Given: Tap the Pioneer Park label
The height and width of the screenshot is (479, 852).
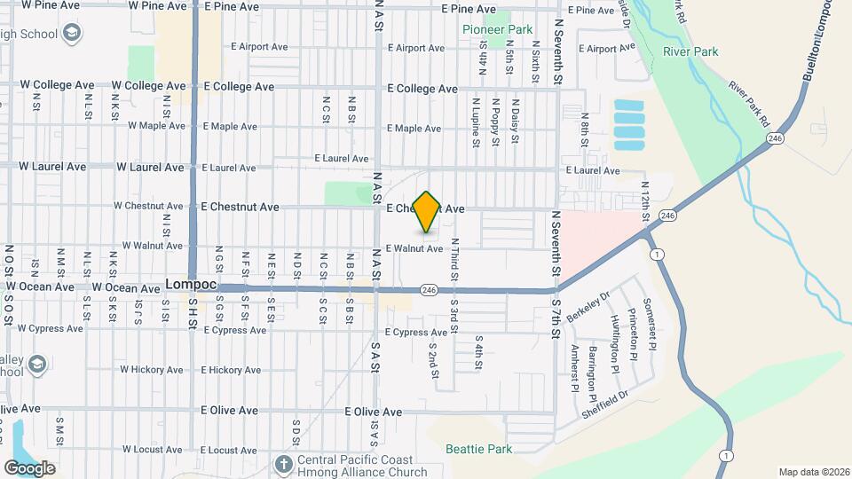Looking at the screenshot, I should click(498, 29).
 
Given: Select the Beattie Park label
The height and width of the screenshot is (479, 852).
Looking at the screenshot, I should click(479, 450).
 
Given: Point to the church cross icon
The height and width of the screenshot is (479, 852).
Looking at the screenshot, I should click(283, 464).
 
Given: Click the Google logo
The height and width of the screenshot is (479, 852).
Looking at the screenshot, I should click(29, 467).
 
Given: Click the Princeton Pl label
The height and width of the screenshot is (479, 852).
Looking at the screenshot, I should click(631, 333).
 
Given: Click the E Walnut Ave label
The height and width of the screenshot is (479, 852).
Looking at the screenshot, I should click(414, 248).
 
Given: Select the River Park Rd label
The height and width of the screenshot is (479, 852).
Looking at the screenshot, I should click(747, 103).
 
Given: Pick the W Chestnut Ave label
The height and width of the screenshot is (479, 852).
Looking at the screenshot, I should click(147, 207).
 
